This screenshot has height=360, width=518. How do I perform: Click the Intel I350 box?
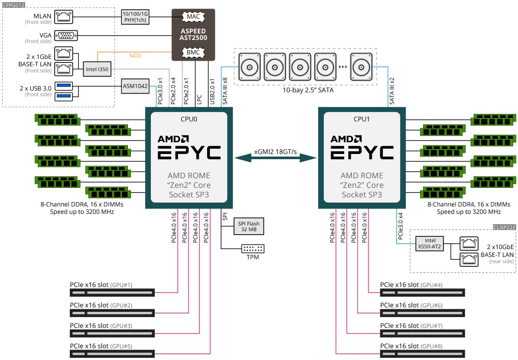click(97, 69)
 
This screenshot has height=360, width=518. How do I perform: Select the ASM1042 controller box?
click(135, 86)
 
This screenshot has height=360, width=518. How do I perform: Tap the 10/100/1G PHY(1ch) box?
click(135, 17)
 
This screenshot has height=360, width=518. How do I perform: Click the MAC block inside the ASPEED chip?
click(193, 16)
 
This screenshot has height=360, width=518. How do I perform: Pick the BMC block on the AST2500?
click(193, 52)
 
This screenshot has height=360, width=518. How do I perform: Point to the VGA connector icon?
click(66, 36)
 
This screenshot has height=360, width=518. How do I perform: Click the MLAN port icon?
click(64, 17)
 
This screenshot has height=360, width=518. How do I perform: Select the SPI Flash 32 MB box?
click(249, 226)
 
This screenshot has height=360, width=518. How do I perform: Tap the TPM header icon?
click(253, 249)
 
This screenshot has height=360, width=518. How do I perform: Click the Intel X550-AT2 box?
click(430, 244)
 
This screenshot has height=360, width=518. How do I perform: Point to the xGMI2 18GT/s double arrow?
click(276, 158)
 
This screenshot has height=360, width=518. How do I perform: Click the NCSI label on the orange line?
click(135, 56)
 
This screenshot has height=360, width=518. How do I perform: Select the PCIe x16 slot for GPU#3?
click(112, 333)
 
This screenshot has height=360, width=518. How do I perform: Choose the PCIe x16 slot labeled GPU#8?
click(423, 354)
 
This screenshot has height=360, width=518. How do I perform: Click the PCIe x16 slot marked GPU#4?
click(423, 293)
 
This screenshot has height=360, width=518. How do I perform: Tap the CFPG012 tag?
click(13, 5)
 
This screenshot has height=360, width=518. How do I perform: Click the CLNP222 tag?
click(505, 227)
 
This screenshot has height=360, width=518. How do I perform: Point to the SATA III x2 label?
click(392, 91)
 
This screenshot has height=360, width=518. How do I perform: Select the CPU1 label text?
click(362, 119)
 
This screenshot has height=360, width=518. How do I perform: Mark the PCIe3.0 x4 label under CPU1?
click(401, 226)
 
